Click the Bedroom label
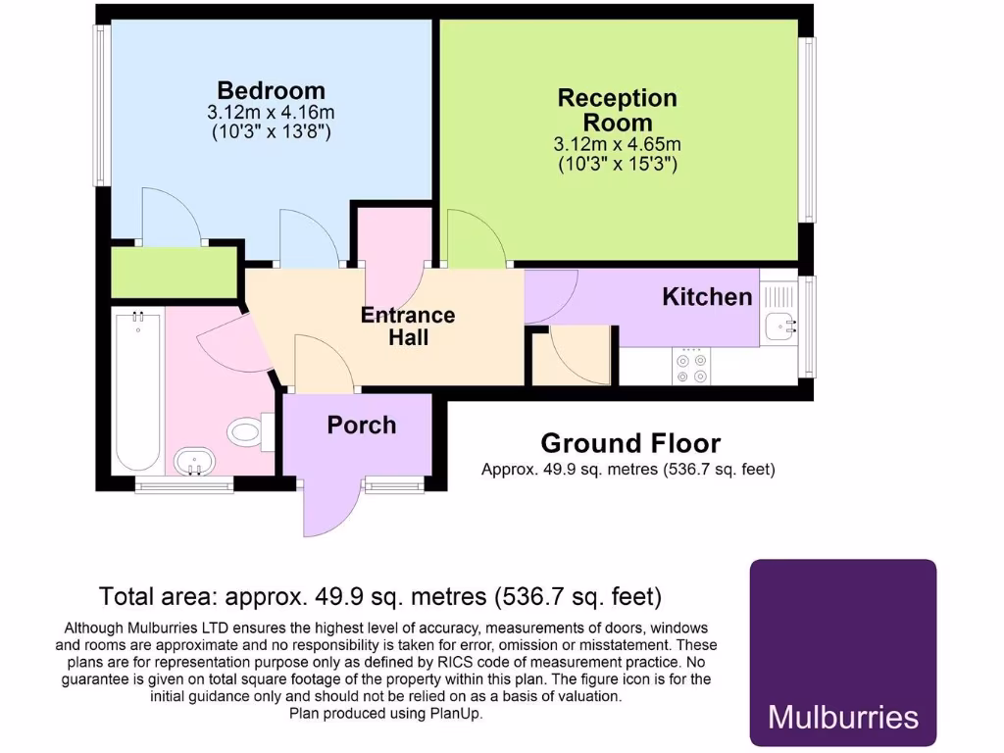point(272,91)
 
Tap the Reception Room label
point(617,110)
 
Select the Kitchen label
point(707,296)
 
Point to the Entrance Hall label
point(408,326)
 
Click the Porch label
point(362,425)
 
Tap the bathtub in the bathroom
point(137,392)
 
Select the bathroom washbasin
point(195,461)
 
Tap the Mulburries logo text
point(843,717)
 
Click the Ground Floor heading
point(630,444)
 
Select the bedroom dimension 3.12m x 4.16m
point(272,113)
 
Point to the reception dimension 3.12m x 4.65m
point(617,144)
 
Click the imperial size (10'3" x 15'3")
point(617,164)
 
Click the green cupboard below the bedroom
point(175,273)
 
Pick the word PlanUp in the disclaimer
point(455,714)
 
